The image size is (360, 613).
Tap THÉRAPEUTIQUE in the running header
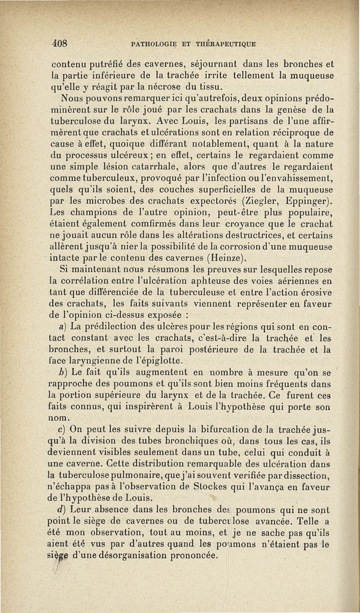[229, 44]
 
